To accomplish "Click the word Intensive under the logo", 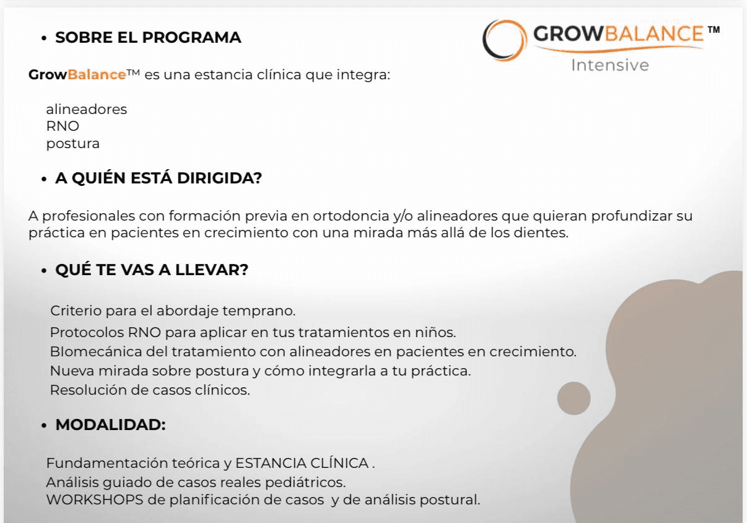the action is click(610, 66).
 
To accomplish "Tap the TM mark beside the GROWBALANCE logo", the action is click(714, 30).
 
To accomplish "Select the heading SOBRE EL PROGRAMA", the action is click(148, 37).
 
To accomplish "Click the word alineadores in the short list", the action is click(86, 110).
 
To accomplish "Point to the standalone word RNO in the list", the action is click(63, 126).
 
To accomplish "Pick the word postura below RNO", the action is click(72, 144).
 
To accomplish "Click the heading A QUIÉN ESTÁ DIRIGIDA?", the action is click(159, 178).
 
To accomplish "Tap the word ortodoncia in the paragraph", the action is click(351, 216).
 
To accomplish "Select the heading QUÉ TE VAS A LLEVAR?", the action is click(152, 270).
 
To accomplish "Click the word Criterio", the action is click(76, 310).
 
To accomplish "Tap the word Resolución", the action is click(89, 390).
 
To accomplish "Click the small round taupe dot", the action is click(574, 398).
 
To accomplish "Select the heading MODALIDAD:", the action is click(110, 425).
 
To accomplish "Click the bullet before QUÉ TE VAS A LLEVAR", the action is click(44, 271).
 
